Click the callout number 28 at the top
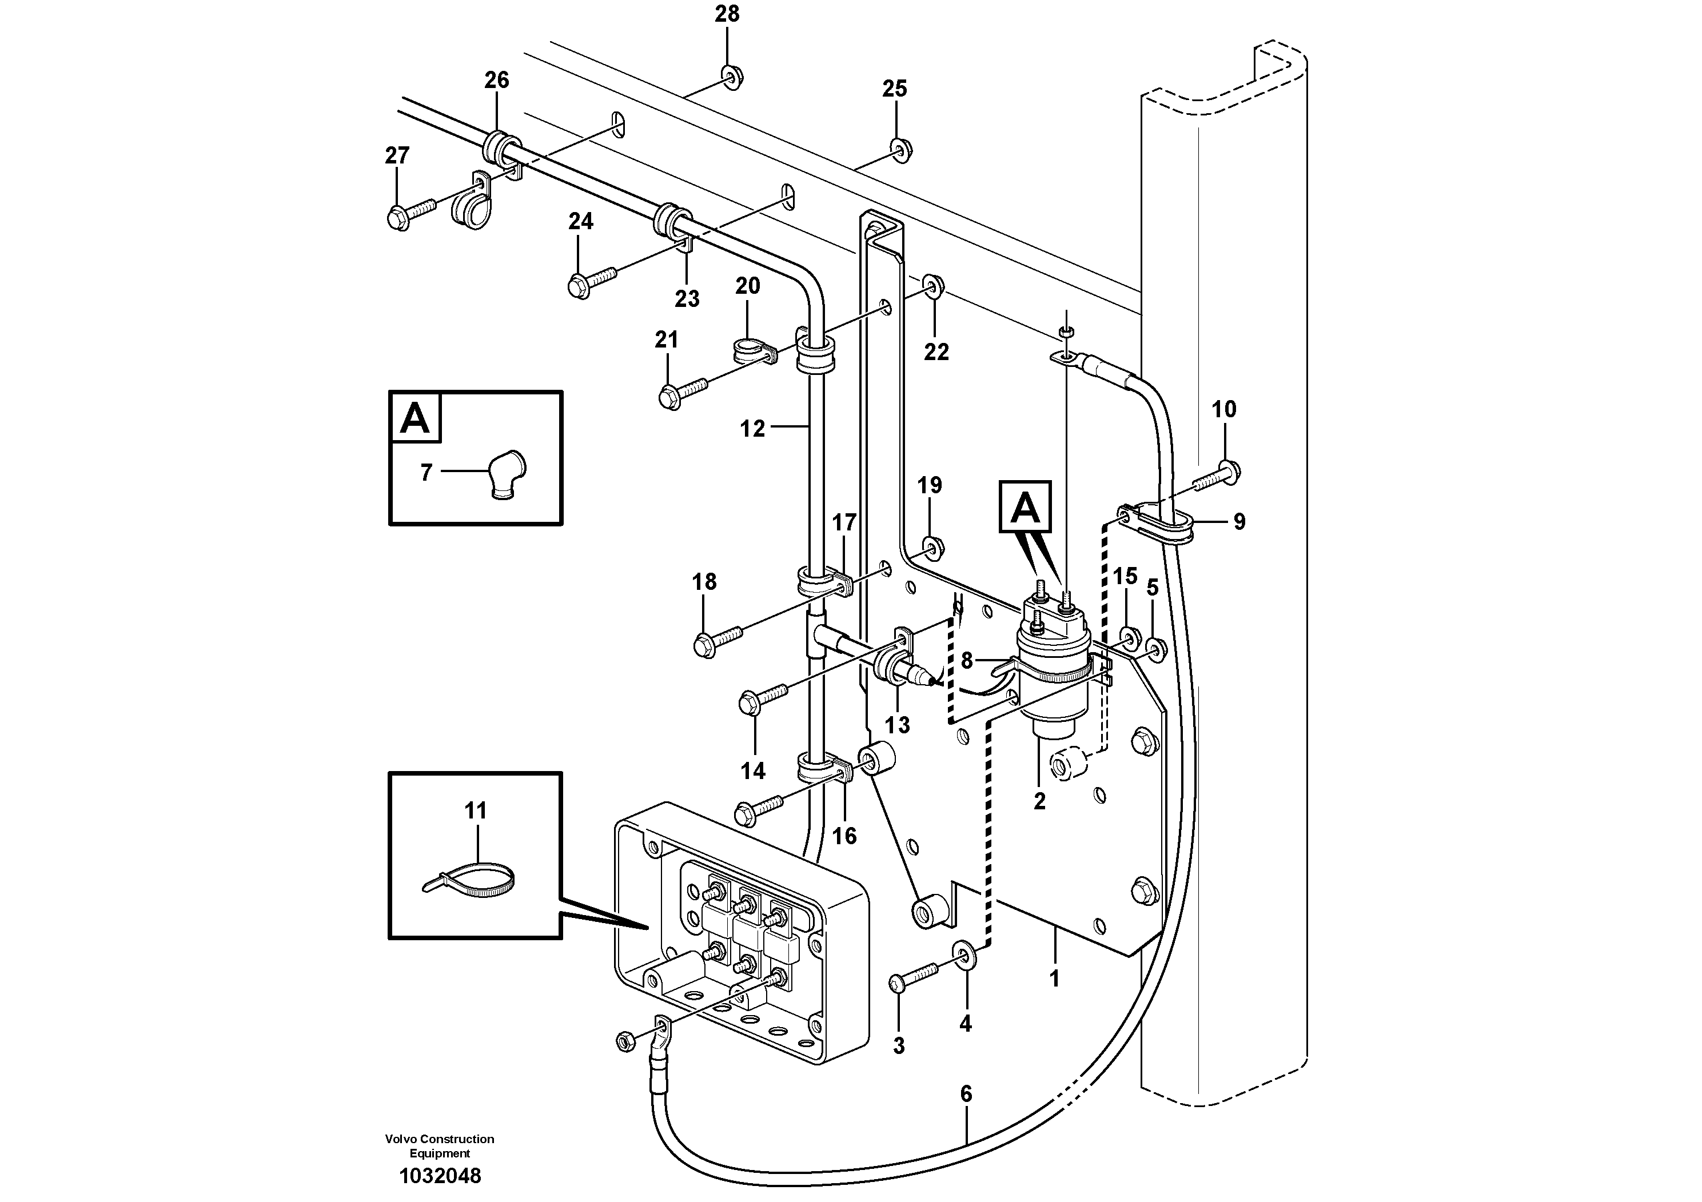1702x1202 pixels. (727, 14)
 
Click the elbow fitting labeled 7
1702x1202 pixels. (507, 475)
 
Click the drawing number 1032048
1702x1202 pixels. (440, 1176)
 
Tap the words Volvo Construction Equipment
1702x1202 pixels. (440, 1145)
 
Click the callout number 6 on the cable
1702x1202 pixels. (965, 1094)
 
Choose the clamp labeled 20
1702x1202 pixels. (753, 350)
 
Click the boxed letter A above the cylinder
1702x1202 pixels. (1025, 508)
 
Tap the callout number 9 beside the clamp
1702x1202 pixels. (1239, 522)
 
